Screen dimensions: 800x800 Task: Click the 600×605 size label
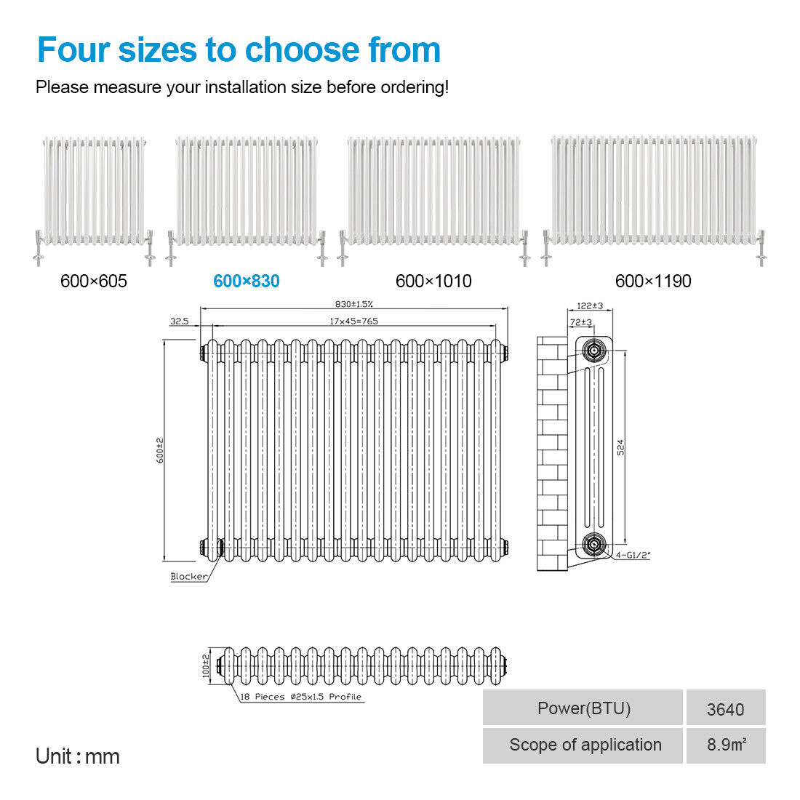coord(93,281)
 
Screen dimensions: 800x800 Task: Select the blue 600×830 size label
coord(247,281)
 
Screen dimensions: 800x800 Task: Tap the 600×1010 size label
coord(433,281)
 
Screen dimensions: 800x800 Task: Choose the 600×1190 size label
coord(653,281)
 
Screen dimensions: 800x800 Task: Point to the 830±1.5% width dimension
coord(354,304)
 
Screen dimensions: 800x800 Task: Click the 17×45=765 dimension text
coord(353,321)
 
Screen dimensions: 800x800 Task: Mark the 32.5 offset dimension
coord(179,321)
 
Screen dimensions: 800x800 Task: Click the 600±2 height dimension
coord(160,450)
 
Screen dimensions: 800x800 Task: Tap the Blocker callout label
coord(189,577)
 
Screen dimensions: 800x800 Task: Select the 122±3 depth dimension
coord(590,306)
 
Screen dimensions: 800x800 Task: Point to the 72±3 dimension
coord(581,322)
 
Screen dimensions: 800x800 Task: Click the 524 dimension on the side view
coord(620,447)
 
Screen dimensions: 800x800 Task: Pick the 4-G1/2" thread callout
coord(633,555)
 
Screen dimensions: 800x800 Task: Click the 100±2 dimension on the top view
coord(206,665)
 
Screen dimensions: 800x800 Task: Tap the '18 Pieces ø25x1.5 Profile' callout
coord(300,697)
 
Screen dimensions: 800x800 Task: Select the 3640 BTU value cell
coord(726,708)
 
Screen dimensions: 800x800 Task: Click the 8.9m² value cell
coord(726,745)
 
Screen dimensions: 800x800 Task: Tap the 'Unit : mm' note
coord(78,756)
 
